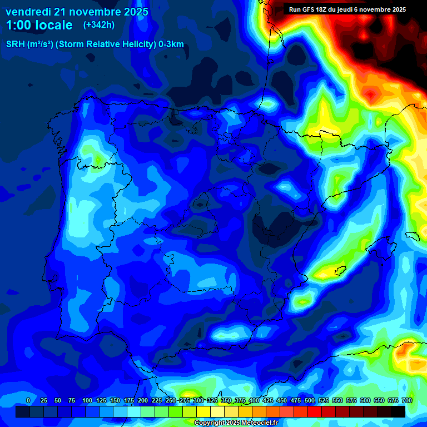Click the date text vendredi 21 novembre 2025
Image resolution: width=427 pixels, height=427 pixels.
(77, 12)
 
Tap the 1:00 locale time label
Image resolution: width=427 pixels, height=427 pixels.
(39, 25)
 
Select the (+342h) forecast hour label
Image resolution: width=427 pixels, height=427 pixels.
(98, 25)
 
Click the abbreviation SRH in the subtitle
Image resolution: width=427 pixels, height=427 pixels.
(15, 44)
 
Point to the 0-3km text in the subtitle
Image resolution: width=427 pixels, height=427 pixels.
(171, 44)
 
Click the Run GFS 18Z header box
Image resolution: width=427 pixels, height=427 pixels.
(347, 9)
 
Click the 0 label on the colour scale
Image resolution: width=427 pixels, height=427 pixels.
(28, 400)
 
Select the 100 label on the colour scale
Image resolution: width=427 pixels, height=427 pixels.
(87, 400)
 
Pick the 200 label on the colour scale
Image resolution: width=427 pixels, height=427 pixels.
(143, 400)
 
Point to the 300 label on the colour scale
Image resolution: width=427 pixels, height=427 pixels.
(198, 400)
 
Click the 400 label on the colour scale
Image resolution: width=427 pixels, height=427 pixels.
(254, 400)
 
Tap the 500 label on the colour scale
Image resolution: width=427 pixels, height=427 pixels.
(310, 400)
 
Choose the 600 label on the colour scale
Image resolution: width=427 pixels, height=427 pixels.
(365, 400)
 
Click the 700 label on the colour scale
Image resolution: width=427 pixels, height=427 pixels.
(406, 400)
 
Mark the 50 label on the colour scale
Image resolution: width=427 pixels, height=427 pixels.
(58, 400)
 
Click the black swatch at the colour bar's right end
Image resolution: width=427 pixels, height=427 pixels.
(398, 411)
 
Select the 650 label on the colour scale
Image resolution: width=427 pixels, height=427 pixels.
(379, 400)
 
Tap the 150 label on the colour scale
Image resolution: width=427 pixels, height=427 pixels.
(115, 400)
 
